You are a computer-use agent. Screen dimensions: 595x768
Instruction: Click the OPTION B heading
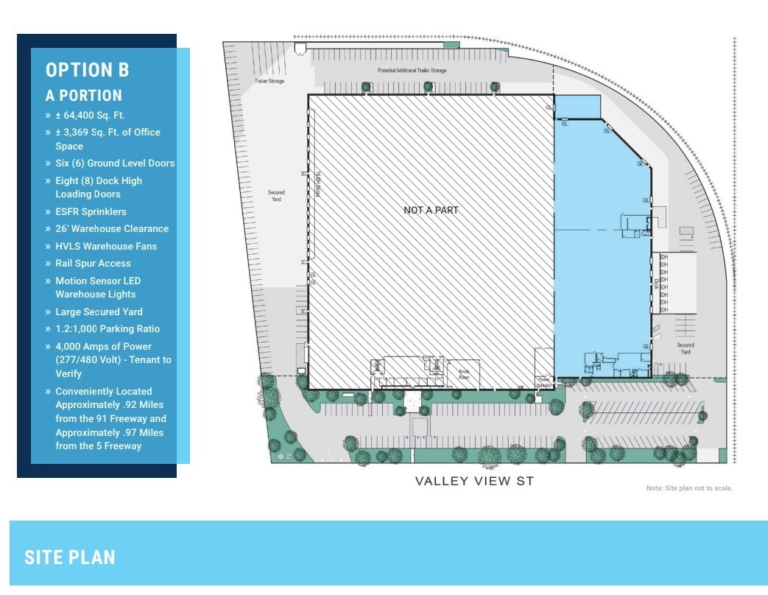click(87, 70)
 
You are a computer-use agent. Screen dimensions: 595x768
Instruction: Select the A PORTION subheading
click(83, 96)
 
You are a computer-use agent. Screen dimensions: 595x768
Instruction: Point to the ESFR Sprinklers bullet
click(91, 211)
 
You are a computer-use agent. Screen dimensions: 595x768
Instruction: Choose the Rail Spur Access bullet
click(93, 264)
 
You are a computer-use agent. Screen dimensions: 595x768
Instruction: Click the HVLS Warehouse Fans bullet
click(105, 246)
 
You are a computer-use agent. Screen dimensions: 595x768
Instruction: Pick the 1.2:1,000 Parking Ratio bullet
click(107, 329)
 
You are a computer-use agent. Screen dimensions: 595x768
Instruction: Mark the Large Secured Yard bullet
click(99, 312)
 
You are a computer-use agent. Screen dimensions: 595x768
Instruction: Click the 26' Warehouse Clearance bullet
click(111, 229)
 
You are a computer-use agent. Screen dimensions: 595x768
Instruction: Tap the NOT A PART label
click(431, 211)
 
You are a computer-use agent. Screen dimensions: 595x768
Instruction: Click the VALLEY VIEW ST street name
click(473, 482)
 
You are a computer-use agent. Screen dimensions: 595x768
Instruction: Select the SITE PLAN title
click(70, 557)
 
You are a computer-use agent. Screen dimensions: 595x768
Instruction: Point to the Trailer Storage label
click(269, 81)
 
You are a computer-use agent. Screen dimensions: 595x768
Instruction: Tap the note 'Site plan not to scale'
click(689, 488)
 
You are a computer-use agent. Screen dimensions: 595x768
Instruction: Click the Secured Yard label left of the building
click(276, 196)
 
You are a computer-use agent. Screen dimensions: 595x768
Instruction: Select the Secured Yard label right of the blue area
click(686, 348)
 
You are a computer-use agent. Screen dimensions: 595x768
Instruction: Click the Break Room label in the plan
click(464, 372)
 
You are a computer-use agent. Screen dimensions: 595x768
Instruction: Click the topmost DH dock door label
click(664, 257)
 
